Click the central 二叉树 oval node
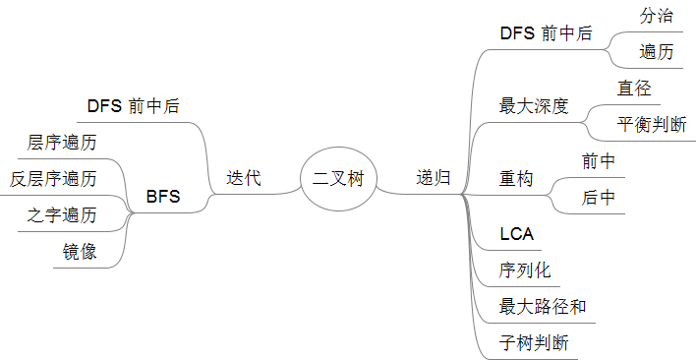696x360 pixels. pyautogui.click(x=338, y=179)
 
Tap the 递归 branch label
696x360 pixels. pyautogui.click(x=434, y=178)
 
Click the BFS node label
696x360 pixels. pyautogui.click(x=163, y=197)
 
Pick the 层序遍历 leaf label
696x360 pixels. pyautogui.click(x=62, y=144)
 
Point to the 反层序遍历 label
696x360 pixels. pyautogui.click(x=53, y=179)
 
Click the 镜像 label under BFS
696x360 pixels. pyautogui.click(x=80, y=251)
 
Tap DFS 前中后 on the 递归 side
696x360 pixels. pyautogui.click(x=546, y=33)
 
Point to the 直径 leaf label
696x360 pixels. pyautogui.click(x=634, y=89)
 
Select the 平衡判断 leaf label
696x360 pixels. pyautogui.click(x=652, y=124)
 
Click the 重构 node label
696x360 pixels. pyautogui.click(x=516, y=179)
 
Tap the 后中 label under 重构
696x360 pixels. pyautogui.click(x=599, y=197)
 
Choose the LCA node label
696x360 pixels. pyautogui.click(x=517, y=233)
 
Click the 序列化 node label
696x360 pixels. pyautogui.click(x=525, y=270)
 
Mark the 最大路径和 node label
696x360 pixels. pyautogui.click(x=543, y=306)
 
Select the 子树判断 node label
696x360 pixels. pyautogui.click(x=534, y=342)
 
